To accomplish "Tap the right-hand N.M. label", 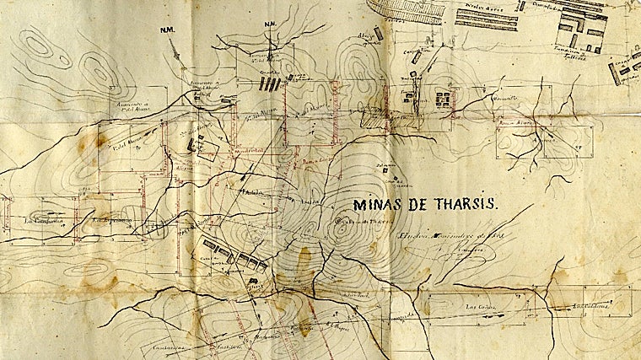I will click(272, 24).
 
